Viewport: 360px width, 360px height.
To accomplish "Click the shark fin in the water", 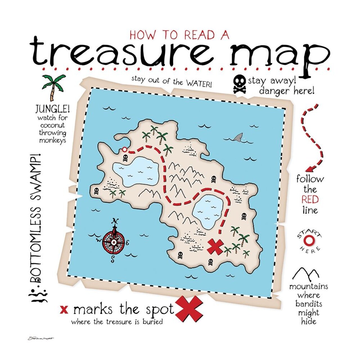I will pos(238,137).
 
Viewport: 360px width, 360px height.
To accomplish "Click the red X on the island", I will pos(215,247).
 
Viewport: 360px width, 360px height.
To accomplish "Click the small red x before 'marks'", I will pos(64,310).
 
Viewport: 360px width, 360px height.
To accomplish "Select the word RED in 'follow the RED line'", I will pos(310,200).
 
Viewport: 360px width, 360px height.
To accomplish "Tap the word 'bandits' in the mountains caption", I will pos(309,304).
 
